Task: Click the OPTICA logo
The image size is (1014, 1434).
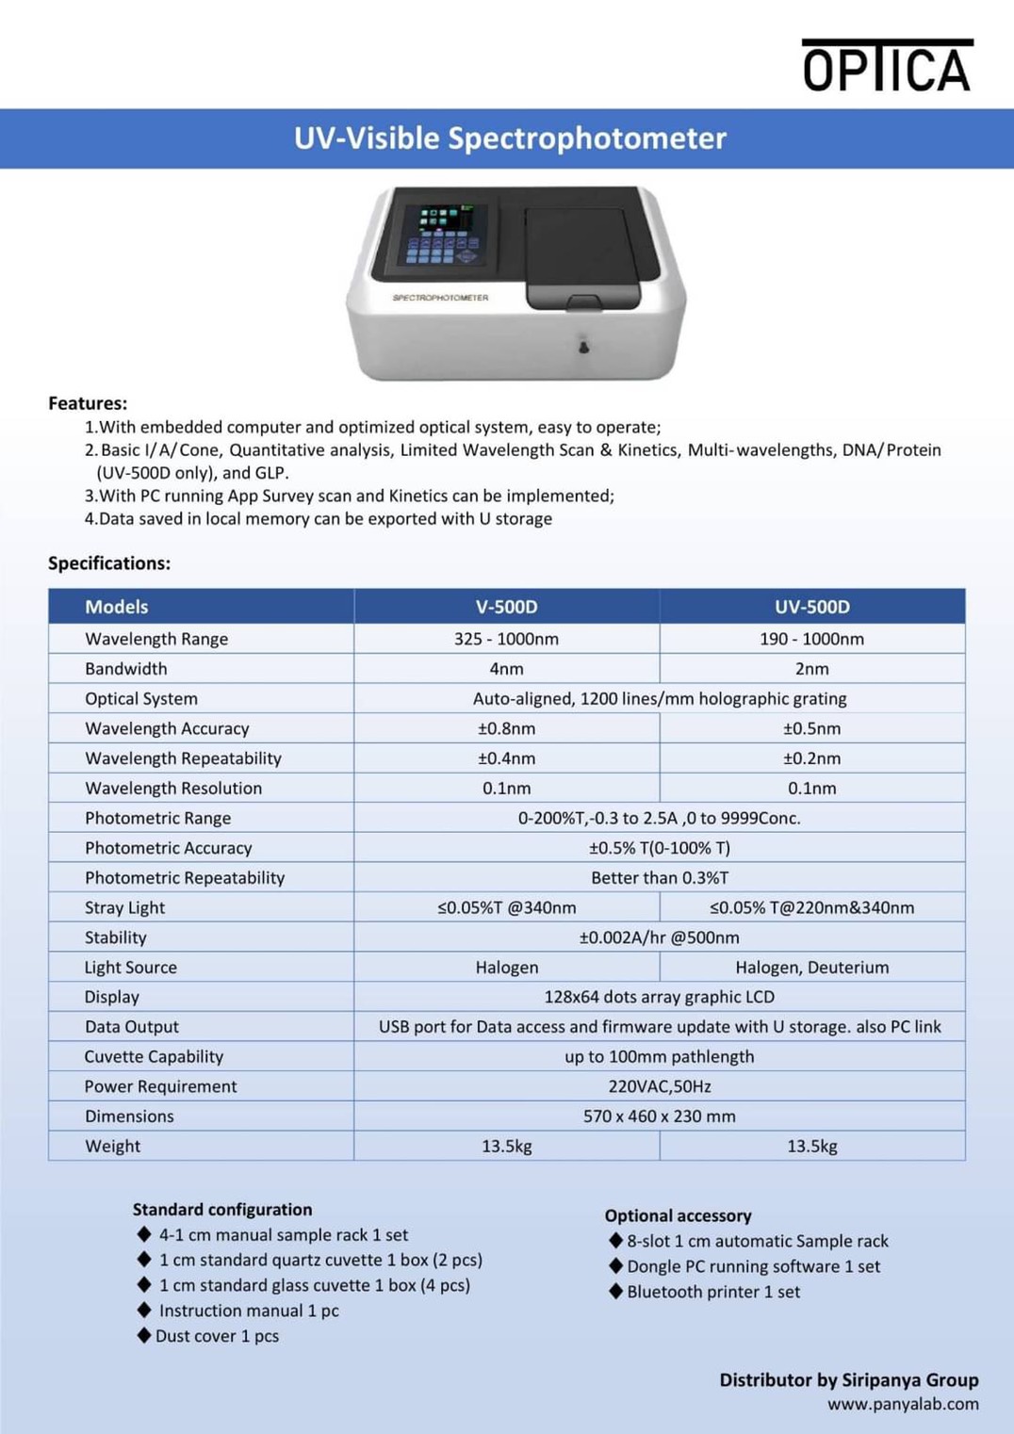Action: (886, 66)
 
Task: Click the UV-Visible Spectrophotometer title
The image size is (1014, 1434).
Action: (510, 139)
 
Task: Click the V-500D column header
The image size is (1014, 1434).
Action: (506, 607)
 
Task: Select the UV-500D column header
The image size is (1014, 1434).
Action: (811, 607)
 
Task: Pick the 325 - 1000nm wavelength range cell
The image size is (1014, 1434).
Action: (506, 639)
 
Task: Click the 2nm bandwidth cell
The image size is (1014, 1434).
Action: (811, 669)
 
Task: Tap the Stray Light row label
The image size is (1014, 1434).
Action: (124, 907)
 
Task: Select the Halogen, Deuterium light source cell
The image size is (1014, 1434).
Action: (811, 968)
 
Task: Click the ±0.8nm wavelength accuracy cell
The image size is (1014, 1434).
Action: (506, 728)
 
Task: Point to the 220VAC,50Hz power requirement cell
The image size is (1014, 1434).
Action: (659, 1086)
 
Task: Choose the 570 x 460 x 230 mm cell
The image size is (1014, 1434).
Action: (659, 1116)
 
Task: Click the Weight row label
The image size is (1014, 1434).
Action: (112, 1147)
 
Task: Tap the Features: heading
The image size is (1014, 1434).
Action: (88, 403)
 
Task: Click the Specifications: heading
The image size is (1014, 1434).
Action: (109, 563)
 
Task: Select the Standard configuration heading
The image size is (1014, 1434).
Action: (221, 1210)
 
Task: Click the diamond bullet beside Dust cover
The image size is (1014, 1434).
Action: (144, 1335)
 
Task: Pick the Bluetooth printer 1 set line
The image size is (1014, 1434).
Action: (713, 1292)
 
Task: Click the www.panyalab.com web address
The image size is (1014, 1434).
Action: (903, 1404)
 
